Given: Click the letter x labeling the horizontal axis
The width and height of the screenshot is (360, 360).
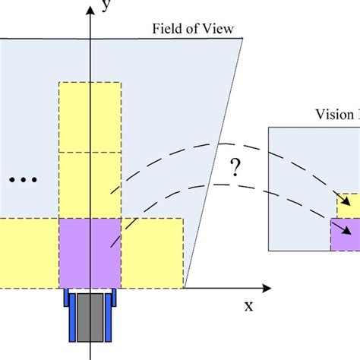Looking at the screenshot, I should (x=248, y=306).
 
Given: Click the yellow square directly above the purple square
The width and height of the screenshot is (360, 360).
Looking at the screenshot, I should (x=90, y=185).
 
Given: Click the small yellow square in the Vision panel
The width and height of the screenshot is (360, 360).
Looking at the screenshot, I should (x=349, y=205).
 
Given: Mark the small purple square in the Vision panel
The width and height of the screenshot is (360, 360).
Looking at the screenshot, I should (x=346, y=235).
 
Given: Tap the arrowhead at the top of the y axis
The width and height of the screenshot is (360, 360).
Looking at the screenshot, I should (x=90, y=7).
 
